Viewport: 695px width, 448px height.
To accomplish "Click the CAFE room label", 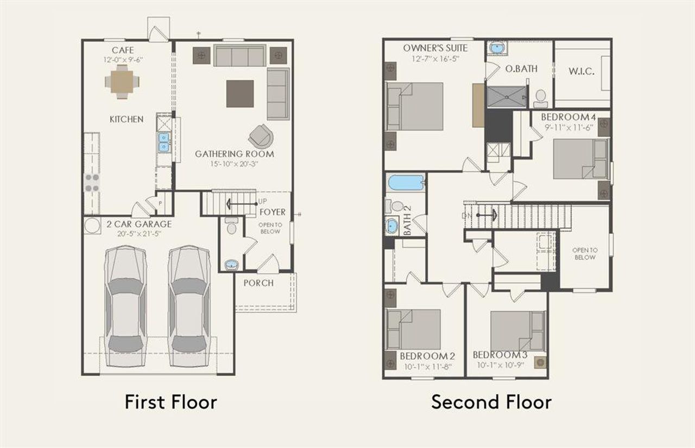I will pos(123,50).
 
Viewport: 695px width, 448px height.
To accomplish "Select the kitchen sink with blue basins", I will pos(163,142).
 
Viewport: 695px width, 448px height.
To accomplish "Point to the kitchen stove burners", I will pos(92,183).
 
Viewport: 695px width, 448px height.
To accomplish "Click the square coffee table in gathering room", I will pos(240,94).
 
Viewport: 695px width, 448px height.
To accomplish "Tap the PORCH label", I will pos(258,283).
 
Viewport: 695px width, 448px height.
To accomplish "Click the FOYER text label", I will pos(272,212).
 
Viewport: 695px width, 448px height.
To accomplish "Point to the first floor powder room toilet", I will pos(232,226).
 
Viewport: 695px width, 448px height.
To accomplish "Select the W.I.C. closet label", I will pos(581,72).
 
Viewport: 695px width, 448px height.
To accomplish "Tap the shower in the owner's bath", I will pos(507,97).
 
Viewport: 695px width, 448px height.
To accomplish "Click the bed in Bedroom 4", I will pos(579,158).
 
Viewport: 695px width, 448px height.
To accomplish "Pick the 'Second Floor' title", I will pos(491,402).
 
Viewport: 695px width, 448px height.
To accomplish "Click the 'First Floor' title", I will pos(170,402).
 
